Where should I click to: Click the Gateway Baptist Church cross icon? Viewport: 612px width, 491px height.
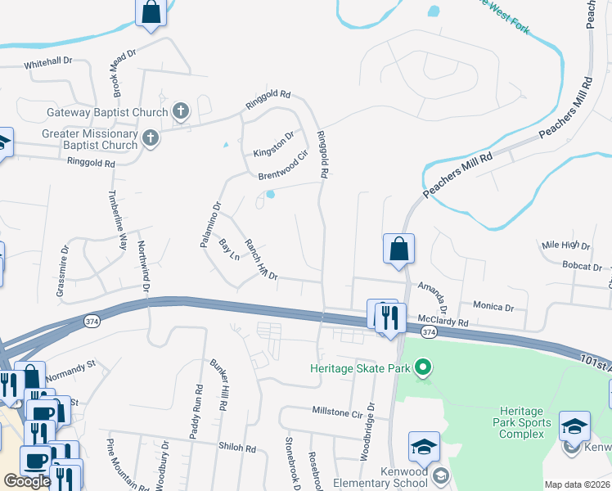point(182,111)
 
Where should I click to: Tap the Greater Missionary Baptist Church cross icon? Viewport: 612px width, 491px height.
point(150,138)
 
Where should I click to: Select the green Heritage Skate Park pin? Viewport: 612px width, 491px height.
point(423,368)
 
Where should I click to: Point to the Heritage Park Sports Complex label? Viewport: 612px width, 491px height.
point(521,421)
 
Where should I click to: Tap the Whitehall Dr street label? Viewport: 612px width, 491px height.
point(48,63)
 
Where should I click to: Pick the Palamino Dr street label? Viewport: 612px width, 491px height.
point(210,224)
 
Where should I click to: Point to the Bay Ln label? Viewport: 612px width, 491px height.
point(229,249)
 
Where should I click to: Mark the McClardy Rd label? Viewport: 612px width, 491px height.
point(442,322)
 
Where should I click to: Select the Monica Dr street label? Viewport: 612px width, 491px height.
point(493,307)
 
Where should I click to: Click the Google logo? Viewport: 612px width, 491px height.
point(27,481)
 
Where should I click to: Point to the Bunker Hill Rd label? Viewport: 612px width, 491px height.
point(221,386)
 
